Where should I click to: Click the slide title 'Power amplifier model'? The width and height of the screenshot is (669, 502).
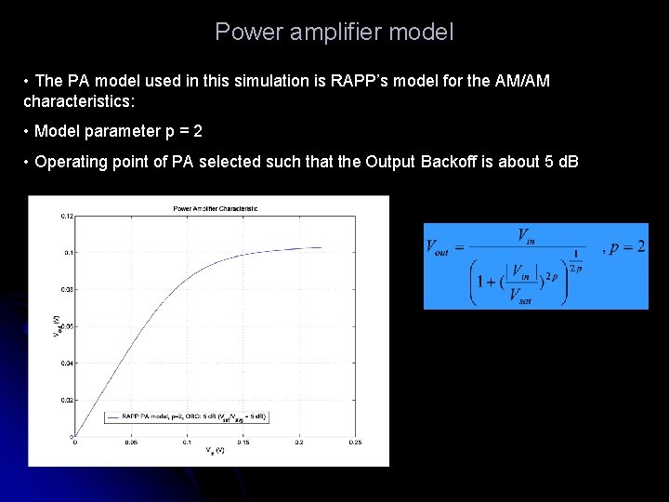(334, 33)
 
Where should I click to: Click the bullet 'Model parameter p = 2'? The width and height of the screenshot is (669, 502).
(118, 131)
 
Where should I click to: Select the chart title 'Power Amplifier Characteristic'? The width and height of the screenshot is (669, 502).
(216, 208)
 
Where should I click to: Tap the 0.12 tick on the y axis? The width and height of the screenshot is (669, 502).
(67, 216)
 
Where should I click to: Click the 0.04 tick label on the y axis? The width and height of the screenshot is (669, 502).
(67, 363)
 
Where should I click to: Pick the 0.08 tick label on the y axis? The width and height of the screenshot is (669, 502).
(67, 289)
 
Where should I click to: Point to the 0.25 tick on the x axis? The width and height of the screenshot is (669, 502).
(355, 443)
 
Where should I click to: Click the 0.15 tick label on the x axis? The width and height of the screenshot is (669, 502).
(243, 443)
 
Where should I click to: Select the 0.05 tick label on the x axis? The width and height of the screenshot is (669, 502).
(130, 443)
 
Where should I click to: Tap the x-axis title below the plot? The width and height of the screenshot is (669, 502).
(215, 451)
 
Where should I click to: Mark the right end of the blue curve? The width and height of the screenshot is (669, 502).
(321, 247)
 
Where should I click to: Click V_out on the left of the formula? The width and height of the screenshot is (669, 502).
(444, 246)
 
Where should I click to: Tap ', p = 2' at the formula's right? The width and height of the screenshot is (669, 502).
(624, 247)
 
